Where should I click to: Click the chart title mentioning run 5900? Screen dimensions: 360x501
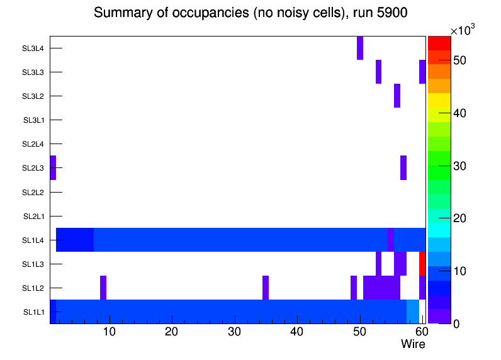pos(251,13)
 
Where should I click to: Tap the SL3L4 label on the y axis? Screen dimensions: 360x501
pos(33,48)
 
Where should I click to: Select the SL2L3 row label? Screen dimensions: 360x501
pos(33,168)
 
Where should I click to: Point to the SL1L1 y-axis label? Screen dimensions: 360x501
pos(33,312)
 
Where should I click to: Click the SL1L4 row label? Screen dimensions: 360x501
pos(33,240)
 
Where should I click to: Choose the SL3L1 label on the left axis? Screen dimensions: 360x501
pos(33,120)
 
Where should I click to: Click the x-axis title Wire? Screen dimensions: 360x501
pos(413,344)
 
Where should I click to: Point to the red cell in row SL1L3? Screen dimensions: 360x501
pos(422,264)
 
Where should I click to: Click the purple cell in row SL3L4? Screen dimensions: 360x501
pos(360,48)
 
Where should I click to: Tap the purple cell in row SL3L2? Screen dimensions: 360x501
pos(397,96)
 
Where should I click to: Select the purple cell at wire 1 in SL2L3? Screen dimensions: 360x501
pos(53,167)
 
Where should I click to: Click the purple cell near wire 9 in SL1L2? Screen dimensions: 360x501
pos(103,288)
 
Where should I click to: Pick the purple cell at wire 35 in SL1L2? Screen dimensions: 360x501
pos(266,288)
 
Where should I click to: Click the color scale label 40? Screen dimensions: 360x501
pos(460,113)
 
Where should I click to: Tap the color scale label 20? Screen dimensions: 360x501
pos(460,218)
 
